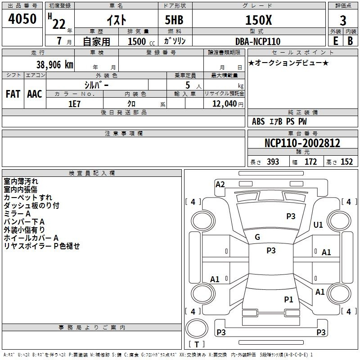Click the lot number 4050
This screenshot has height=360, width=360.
22,19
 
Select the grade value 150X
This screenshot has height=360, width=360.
258,20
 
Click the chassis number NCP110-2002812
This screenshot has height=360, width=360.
302,143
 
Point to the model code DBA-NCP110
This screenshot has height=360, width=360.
258,41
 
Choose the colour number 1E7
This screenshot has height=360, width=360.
74,103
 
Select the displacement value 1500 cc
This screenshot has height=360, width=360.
140,41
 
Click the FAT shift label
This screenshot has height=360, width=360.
13,94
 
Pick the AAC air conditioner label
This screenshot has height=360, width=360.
35,94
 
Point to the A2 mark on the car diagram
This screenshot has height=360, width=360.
220,184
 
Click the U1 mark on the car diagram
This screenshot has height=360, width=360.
318,225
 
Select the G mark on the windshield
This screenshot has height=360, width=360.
257,237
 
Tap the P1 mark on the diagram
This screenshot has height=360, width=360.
288,299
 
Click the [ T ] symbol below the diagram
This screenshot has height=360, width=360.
197,345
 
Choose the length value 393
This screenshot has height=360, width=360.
272,162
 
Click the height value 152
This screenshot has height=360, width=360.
346,162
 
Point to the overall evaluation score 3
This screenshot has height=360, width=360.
343,20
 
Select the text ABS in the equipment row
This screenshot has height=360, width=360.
258,121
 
